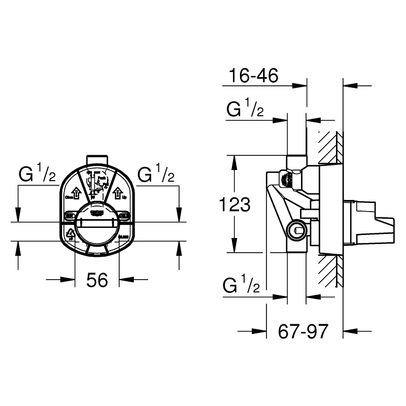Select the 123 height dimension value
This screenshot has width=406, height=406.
pos(235,205)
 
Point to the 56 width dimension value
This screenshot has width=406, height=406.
pos(96,280)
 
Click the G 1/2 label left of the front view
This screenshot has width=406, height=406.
pos(37,175)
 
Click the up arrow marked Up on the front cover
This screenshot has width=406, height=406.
pos(117,193)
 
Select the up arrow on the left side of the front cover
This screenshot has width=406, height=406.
pos(74,193)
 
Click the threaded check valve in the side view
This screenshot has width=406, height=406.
pos(288,179)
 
